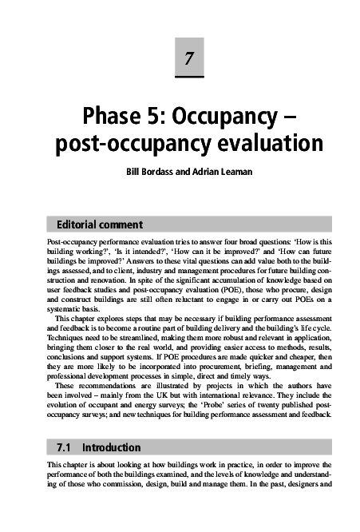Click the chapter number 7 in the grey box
tap(188, 58)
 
